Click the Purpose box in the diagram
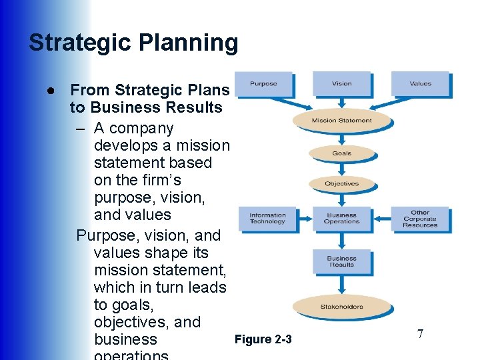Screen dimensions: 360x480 pyautogui.click(x=263, y=84)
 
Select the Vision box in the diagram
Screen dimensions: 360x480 pyautogui.click(x=341, y=84)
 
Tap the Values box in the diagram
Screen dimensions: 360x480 pyautogui.click(x=420, y=84)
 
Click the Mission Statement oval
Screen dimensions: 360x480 pyautogui.click(x=341, y=121)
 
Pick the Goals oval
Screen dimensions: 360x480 pyautogui.click(x=341, y=153)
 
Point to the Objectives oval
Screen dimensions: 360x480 pyautogui.click(x=341, y=184)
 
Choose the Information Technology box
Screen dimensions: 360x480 pyautogui.click(x=267, y=219)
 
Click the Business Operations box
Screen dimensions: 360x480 pyautogui.click(x=341, y=219)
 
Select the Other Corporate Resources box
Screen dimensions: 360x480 pyautogui.click(x=420, y=219)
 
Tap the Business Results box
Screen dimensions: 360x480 pyautogui.click(x=341, y=261)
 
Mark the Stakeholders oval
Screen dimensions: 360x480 pyautogui.click(x=341, y=307)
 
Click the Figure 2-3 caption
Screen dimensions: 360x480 pyautogui.click(x=263, y=340)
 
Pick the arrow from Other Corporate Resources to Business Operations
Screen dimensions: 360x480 pyautogui.click(x=381, y=219)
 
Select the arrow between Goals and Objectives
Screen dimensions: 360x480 pyautogui.click(x=341, y=169)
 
